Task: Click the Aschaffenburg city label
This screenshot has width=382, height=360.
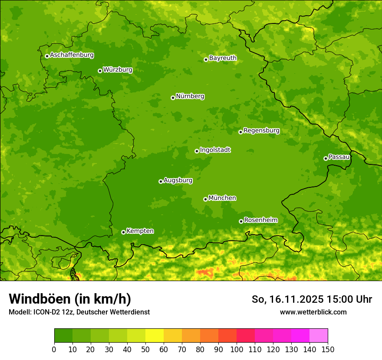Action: tap(72, 55)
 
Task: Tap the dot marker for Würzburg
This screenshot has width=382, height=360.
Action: tap(100, 71)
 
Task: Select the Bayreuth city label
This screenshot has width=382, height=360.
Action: tap(223, 58)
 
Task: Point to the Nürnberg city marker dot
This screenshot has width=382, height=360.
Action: tap(173, 98)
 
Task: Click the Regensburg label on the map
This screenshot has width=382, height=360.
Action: tap(261, 130)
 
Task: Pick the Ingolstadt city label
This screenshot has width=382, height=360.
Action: tap(215, 150)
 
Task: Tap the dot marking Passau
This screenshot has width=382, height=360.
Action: tap(326, 158)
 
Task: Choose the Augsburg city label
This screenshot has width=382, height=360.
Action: tap(178, 180)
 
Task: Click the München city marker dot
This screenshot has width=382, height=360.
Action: tap(205, 199)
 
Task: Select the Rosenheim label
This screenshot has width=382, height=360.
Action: tap(260, 220)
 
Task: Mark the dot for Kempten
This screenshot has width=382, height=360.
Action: tap(123, 232)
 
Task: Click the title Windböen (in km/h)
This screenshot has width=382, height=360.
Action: tap(70, 299)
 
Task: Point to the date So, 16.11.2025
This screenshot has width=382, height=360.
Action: tap(287, 299)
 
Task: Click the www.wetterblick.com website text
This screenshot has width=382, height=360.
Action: tap(313, 312)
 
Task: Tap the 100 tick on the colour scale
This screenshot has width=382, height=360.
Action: tap(237, 349)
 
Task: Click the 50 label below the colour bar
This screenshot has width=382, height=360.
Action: tap(145, 349)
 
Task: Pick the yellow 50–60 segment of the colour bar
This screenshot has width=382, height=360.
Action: tap(155, 335)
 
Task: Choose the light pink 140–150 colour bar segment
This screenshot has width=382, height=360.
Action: tap(319, 335)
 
